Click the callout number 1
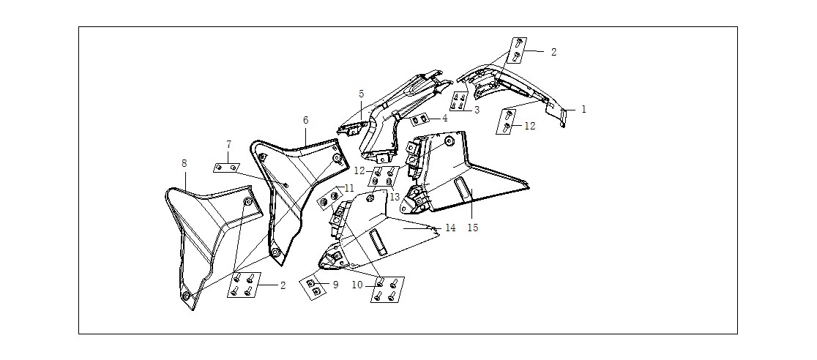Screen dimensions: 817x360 [x=583, y=110]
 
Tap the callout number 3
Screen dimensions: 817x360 [x=477, y=110]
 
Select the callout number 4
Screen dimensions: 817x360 [x=444, y=119]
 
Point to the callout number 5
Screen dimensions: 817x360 [x=361, y=94]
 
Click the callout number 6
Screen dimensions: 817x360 [x=305, y=120]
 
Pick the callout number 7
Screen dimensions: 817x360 [x=228, y=143]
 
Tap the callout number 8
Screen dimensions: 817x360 [x=184, y=163]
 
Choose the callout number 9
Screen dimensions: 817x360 [x=335, y=285]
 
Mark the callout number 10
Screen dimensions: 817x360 [x=357, y=285]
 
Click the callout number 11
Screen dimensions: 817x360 [x=348, y=187]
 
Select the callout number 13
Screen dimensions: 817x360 [x=395, y=197]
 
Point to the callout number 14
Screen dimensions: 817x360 [x=450, y=228]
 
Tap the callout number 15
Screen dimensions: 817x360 [x=473, y=228]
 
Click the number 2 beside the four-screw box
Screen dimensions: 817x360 [x=283, y=285]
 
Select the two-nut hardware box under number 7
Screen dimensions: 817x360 [x=227, y=168]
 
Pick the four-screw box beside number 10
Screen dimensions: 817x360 [x=387, y=289]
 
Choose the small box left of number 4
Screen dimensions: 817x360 [x=419, y=120]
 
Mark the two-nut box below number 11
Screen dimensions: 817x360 [x=330, y=198]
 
